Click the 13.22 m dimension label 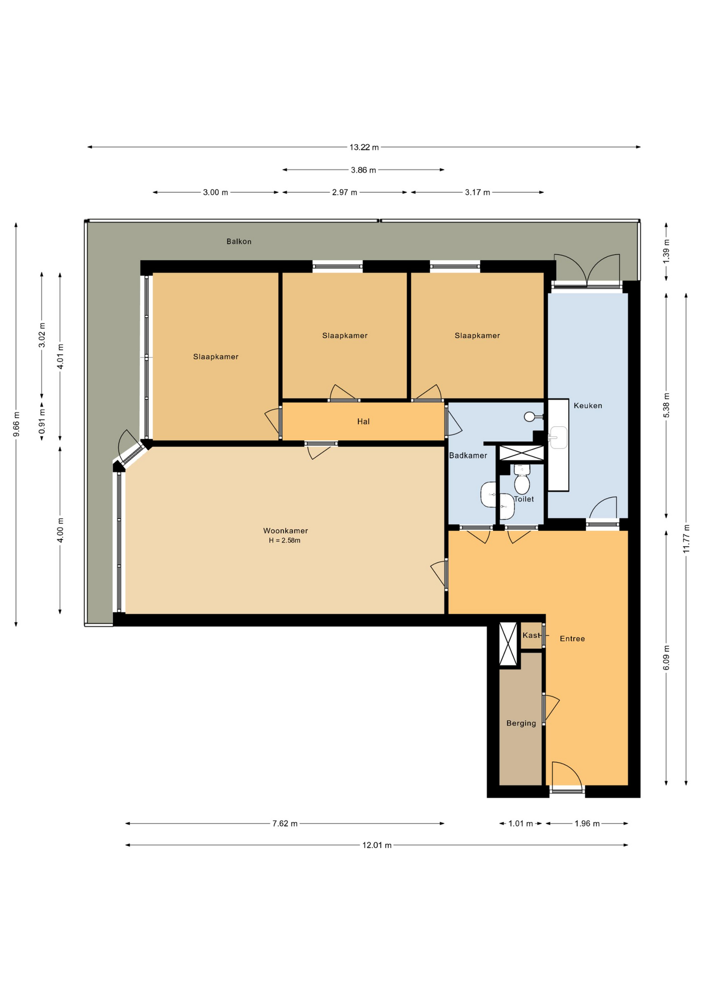(x=364, y=147)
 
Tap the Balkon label (x=239, y=241)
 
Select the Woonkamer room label (x=285, y=531)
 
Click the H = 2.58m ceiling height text (x=284, y=540)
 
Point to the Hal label (x=363, y=422)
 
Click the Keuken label (x=588, y=406)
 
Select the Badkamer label (x=468, y=455)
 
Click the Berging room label (x=521, y=723)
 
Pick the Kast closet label (x=531, y=635)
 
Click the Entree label (x=572, y=639)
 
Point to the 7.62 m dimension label (x=285, y=824)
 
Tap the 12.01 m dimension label (x=377, y=845)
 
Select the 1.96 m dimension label (x=587, y=824)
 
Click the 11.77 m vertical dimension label (x=686, y=539)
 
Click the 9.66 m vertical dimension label (x=17, y=424)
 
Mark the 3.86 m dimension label (x=363, y=170)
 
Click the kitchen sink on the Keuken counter (x=557, y=438)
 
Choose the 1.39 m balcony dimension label (x=666, y=252)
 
